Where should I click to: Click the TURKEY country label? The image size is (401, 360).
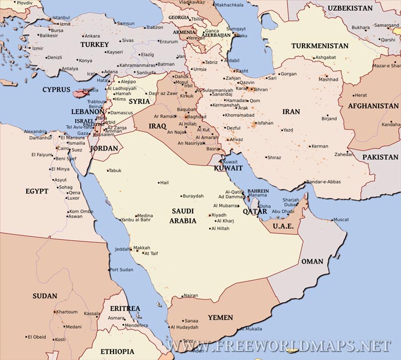point(95,45)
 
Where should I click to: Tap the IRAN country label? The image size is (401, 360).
point(291,112)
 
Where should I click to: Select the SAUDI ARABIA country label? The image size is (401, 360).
point(183,215)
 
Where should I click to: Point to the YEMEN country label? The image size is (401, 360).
point(221,318)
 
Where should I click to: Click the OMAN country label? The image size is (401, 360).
point(312,262)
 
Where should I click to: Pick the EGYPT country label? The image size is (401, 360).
point(37,191)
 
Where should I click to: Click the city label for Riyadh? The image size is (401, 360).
point(219,215)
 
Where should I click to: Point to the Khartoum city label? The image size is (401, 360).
point(67,312)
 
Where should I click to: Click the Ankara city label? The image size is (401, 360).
point(92,36)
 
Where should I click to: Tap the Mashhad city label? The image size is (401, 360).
point(329,80)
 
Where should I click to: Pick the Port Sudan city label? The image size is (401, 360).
point(121,270)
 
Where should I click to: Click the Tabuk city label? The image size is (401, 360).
point(115,171)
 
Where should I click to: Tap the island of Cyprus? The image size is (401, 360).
point(79,91)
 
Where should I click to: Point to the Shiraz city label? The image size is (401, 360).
point(274,157)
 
